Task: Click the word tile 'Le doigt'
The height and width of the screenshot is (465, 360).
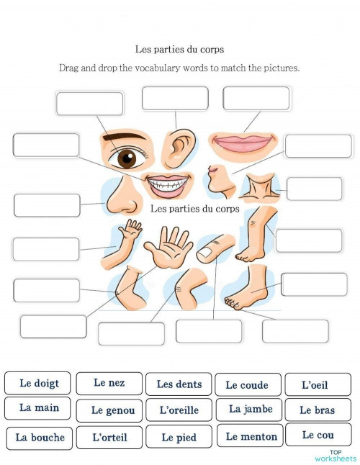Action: tap(40, 384)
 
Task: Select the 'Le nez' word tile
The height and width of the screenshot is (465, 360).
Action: tap(109, 383)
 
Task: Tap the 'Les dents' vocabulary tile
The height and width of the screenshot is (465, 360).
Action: tap(179, 384)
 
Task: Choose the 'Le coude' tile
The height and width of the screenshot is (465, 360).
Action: tap(247, 385)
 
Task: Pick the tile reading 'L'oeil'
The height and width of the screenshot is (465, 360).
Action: tap(315, 385)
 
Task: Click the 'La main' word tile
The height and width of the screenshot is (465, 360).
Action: tap(40, 408)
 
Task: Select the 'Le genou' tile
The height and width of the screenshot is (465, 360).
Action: tap(112, 410)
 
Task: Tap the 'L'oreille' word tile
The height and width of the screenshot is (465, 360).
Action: tap(179, 410)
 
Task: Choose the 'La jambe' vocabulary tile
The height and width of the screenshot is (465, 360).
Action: tap(250, 409)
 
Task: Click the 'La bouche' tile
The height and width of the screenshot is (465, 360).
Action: tap(40, 437)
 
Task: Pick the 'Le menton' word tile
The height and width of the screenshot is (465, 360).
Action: tap(251, 436)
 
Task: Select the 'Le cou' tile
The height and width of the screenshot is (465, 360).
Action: tap(318, 435)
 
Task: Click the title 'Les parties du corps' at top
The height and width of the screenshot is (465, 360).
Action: tap(180, 50)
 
